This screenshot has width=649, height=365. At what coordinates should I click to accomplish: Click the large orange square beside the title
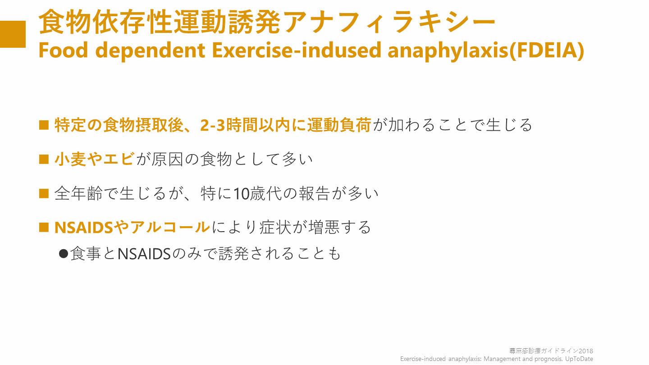tap(13, 34)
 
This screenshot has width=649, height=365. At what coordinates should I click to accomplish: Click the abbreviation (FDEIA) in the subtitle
tap(547, 50)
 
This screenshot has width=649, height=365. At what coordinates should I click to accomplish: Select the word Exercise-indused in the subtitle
tap(296, 50)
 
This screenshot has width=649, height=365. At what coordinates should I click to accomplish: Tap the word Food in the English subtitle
tap(63, 50)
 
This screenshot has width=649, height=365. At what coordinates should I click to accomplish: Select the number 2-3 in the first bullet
tap(212, 125)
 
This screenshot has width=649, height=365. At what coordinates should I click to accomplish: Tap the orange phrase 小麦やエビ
tap(95, 159)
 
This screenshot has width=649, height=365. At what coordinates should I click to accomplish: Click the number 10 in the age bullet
tap(242, 194)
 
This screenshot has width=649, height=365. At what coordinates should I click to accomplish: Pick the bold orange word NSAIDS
tap(83, 228)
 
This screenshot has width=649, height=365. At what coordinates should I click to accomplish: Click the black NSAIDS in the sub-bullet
tap(144, 254)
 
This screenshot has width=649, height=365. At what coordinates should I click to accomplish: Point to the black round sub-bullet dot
tap(64, 254)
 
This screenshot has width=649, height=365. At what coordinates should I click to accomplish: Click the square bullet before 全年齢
tap(44, 193)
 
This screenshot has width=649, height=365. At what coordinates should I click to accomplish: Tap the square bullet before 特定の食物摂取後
tap(44, 125)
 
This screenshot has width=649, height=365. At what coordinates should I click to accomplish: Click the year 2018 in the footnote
tap(586, 351)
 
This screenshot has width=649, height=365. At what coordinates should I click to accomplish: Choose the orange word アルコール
tap(170, 227)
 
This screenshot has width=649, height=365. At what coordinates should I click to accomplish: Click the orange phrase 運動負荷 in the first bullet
tap(339, 125)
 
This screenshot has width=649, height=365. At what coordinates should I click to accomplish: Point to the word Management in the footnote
tap(502, 359)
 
